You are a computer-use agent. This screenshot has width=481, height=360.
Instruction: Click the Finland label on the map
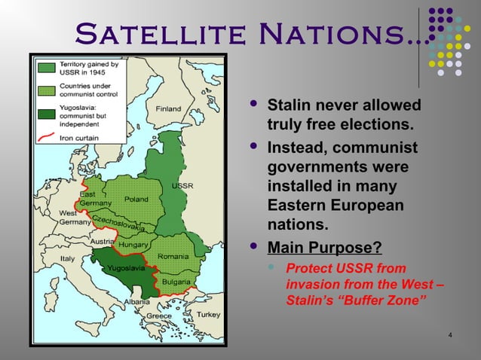[168, 108]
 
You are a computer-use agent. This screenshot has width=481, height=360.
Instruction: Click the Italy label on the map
[69, 258]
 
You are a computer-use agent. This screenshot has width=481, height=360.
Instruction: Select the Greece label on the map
[159, 316]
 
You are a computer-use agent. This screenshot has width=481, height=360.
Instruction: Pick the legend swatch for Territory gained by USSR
[46, 67]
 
